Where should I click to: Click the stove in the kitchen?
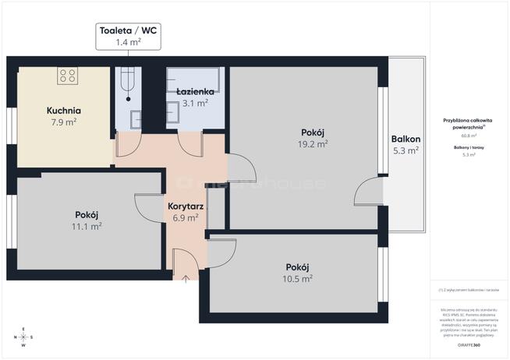coord(67,76)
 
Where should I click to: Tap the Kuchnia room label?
coord(63,111)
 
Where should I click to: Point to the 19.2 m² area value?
coord(312,143)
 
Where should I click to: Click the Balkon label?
coord(406,139)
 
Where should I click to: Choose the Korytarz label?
coord(186,207)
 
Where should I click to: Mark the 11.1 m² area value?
coord(86,226)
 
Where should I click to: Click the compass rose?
coord(23,336)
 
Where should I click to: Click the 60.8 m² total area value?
coord(470,136)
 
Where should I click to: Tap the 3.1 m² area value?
coord(195,103)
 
